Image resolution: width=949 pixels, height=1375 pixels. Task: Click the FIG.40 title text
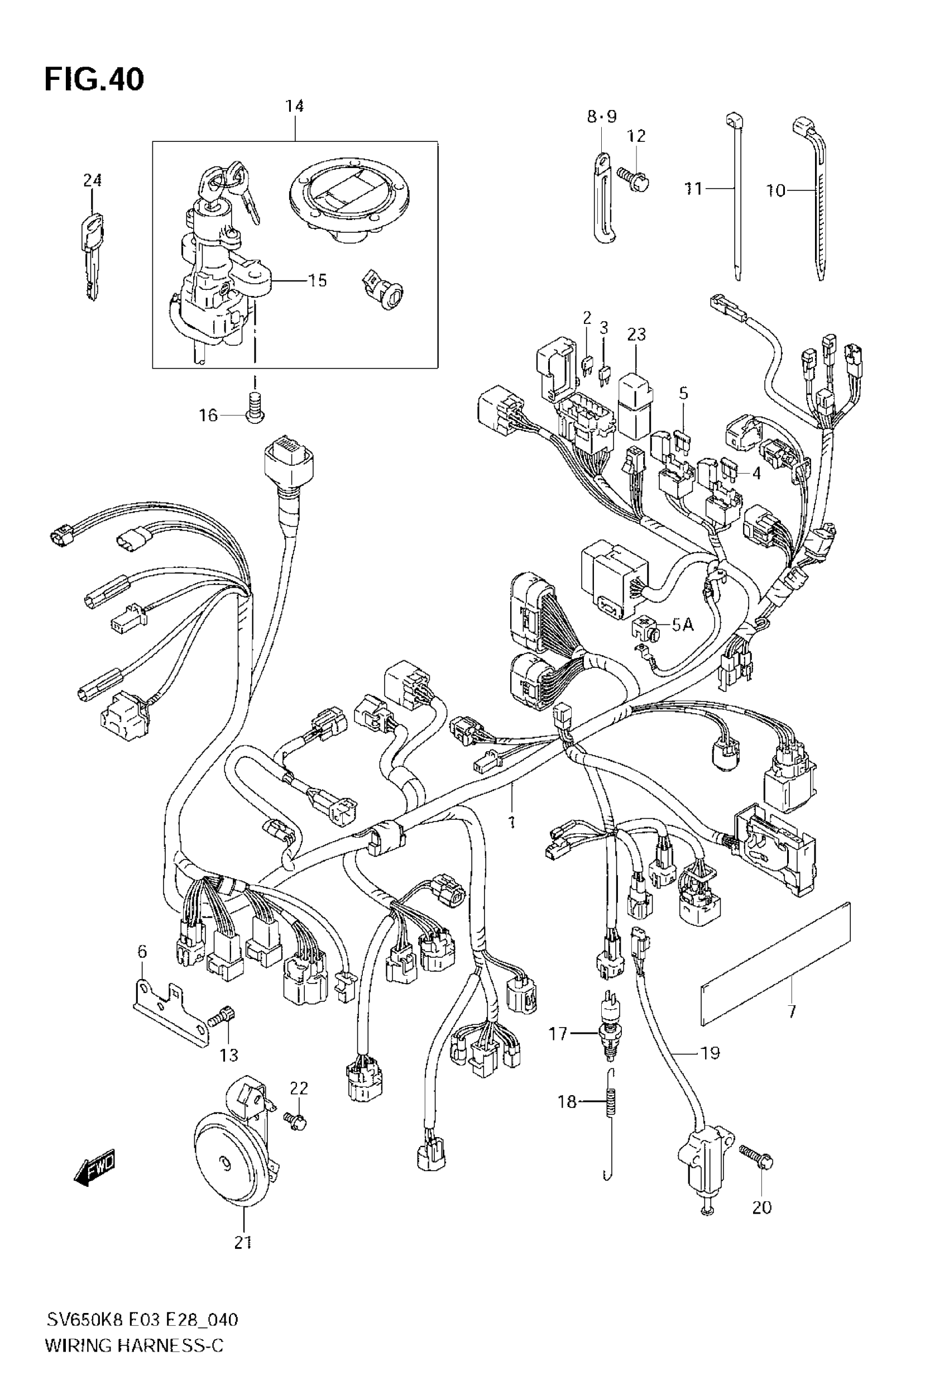(94, 80)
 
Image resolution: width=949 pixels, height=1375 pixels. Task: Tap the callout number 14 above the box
(294, 107)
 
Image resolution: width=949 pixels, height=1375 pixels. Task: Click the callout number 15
(318, 280)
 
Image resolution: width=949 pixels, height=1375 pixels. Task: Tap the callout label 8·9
(602, 117)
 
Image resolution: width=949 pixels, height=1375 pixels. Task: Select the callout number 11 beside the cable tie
(693, 189)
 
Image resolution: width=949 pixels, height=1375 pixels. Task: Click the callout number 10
(775, 190)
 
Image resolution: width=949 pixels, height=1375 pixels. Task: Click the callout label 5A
(683, 625)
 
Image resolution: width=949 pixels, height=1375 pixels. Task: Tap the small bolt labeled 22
(296, 1120)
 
